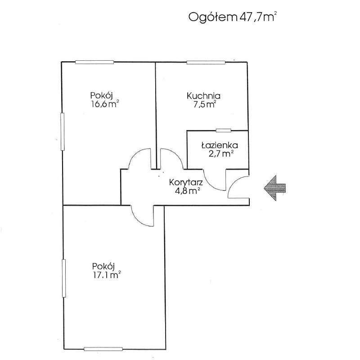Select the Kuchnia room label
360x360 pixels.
203,95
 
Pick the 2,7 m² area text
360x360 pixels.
220,154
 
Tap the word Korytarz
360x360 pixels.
186,182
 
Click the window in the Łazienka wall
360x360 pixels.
223,130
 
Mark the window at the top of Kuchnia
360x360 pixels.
206,62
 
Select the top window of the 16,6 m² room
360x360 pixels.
94,62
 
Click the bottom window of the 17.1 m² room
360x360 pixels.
103,348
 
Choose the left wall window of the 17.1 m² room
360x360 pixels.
63,278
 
